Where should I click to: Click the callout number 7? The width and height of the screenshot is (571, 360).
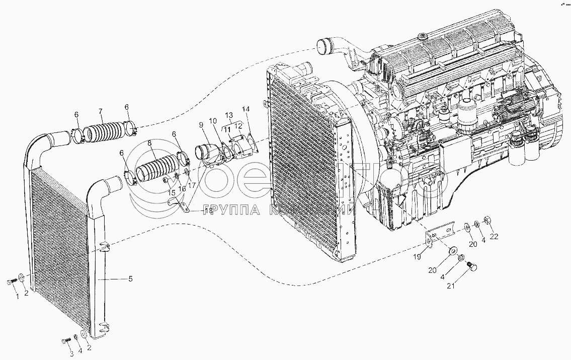101,111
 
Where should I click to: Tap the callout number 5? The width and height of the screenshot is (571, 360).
130,278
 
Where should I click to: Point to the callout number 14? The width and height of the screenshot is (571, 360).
246,109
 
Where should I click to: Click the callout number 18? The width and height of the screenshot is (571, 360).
209,212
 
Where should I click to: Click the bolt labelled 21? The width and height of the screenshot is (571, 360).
472,268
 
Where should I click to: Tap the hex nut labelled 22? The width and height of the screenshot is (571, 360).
486,220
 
